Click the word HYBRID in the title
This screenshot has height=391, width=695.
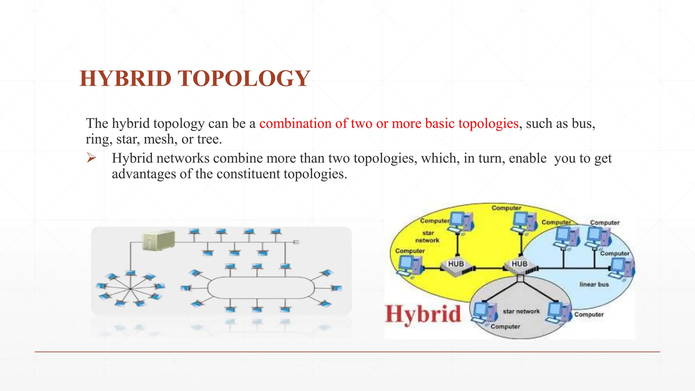pos(125,78)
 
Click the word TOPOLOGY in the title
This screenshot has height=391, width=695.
pos(244,78)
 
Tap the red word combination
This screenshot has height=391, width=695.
pos(295,123)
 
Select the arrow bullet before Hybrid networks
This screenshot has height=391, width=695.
pos(91,158)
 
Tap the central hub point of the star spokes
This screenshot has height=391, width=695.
pos(130,288)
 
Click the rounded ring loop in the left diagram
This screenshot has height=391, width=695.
pos(261,287)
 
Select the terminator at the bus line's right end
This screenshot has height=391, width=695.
pos(296,242)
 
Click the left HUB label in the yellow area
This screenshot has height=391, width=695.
pos(456,264)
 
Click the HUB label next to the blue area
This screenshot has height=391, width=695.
pos(519,264)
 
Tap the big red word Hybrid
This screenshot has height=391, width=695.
pos(423,314)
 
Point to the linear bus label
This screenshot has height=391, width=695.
pos(594,284)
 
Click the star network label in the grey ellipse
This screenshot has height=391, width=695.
pos(521,311)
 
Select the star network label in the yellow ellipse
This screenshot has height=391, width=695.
pos(428,237)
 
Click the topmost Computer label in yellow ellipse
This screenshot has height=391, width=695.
pos(506,208)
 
